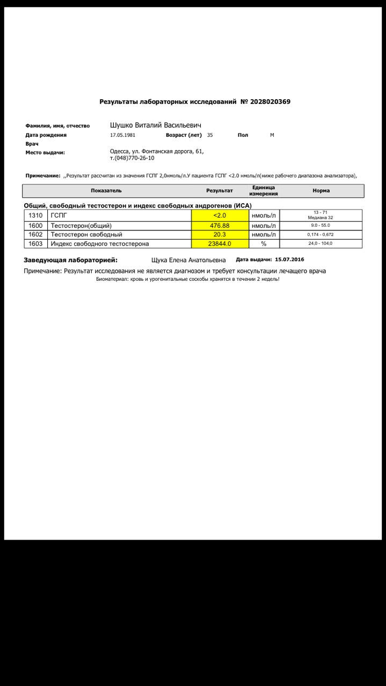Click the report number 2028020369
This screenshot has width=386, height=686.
270,102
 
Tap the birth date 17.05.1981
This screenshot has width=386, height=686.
122,135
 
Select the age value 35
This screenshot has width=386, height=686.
210,135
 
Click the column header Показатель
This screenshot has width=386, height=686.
106,191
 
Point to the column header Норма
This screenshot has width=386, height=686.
321,191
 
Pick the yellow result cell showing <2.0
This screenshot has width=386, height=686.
220,215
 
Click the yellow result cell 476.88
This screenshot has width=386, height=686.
220,226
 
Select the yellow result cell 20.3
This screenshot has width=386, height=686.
220,235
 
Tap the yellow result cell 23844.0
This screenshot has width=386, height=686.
220,244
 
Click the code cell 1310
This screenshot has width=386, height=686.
35,215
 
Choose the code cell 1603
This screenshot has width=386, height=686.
35,244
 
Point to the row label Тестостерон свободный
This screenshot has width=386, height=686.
86,235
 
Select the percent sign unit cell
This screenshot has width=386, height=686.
264,244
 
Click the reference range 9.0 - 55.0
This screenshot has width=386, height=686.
321,225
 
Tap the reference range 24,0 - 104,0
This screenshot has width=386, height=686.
321,244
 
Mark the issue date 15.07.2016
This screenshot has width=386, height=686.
289,259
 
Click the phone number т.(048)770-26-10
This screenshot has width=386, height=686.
132,159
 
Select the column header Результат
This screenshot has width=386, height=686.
220,191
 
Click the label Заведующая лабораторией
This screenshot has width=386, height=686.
70,260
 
